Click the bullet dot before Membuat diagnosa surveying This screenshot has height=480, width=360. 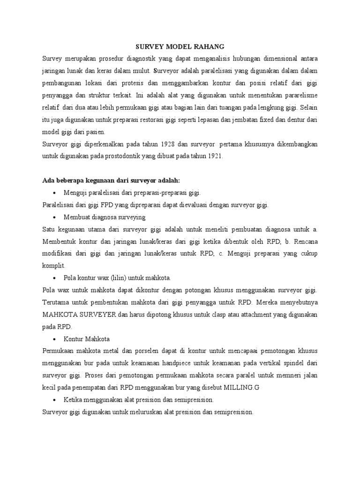coord(55,217)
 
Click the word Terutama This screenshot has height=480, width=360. coord(57,302)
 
